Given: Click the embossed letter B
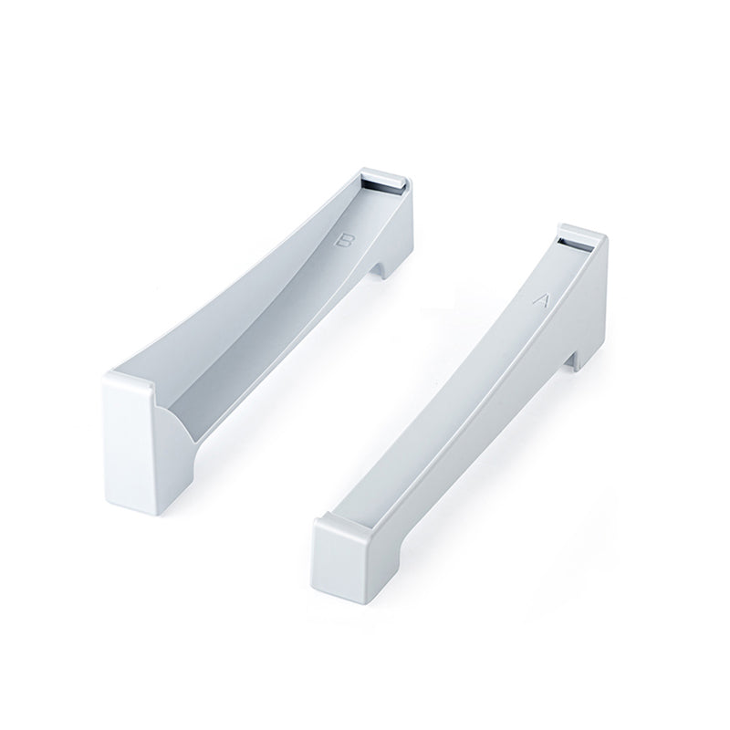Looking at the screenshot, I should (345, 241).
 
